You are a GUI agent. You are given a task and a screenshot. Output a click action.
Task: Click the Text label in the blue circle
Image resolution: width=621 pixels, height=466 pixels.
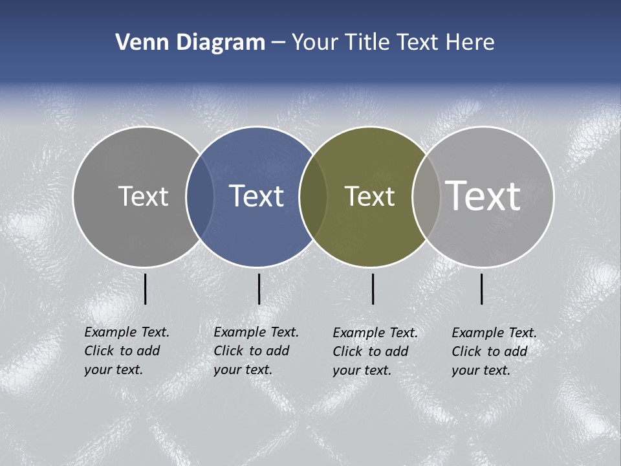(256, 196)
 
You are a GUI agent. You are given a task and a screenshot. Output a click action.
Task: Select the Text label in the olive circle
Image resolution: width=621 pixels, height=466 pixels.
(369, 196)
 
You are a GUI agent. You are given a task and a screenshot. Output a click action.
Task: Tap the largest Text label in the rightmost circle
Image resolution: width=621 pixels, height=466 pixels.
(483, 195)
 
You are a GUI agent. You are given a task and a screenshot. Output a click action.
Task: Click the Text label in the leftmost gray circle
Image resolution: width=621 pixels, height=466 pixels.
(143, 196)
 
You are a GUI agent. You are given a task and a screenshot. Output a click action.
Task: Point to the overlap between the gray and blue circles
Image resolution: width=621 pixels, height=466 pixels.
(200, 196)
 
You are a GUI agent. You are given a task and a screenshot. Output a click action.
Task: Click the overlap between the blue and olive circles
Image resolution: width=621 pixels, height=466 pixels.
(313, 196)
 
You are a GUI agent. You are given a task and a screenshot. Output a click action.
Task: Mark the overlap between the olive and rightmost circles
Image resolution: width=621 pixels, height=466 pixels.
(426, 196)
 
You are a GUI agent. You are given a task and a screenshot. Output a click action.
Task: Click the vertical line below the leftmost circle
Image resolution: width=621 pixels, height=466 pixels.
(146, 289)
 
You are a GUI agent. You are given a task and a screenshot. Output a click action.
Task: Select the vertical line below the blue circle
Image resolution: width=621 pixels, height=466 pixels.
(259, 289)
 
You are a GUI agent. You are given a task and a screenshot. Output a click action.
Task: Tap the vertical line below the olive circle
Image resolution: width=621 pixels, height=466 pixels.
(373, 289)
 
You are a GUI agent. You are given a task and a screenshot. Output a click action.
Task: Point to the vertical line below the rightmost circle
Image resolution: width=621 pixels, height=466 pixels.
(482, 289)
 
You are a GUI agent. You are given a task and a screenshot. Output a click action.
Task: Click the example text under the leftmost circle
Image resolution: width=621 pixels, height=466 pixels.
(126, 351)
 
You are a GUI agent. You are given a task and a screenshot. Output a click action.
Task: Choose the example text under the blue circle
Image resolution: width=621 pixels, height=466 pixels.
(256, 351)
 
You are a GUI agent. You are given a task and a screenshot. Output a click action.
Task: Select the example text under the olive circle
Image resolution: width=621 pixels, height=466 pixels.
(375, 351)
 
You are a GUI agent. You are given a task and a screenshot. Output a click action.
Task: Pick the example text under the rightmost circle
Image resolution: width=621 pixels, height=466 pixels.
(494, 351)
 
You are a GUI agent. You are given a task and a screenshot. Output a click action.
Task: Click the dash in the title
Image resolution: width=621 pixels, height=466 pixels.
(278, 43)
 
